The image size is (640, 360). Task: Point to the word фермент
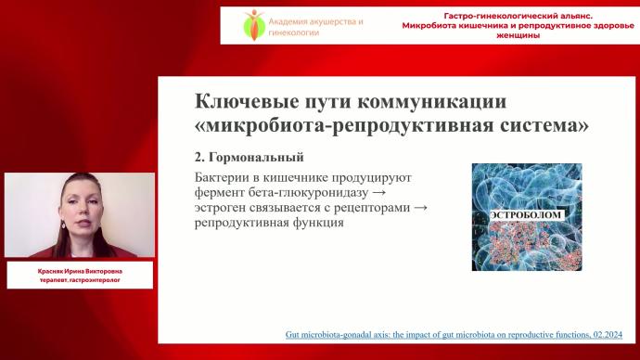pos(224,192)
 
